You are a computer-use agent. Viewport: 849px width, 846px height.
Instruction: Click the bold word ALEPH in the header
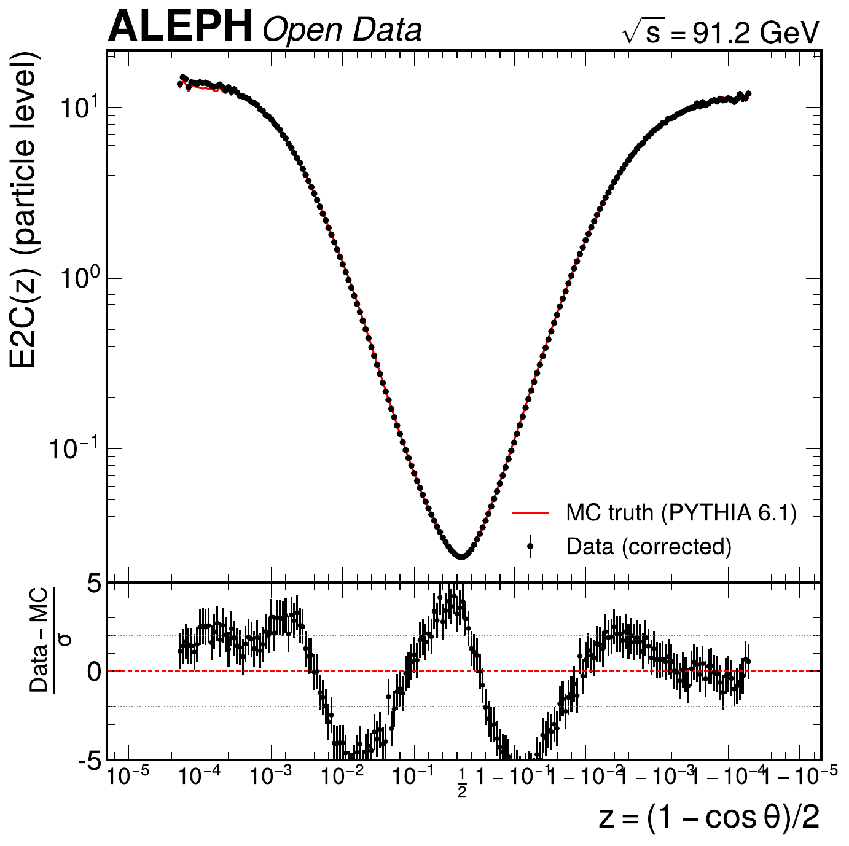click(x=180, y=28)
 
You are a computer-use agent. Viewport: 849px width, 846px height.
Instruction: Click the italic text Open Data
click(x=342, y=30)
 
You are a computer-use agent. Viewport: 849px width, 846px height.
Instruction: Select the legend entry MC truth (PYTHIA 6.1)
click(x=681, y=512)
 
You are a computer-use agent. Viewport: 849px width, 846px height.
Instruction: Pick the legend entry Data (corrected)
click(x=649, y=546)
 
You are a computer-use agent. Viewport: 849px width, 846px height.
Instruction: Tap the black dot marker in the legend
click(x=530, y=546)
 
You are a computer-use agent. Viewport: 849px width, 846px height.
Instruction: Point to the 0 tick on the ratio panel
click(x=94, y=672)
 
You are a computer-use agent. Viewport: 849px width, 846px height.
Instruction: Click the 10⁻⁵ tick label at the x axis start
click(x=128, y=777)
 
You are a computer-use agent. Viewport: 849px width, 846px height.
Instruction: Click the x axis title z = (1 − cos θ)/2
click(x=709, y=818)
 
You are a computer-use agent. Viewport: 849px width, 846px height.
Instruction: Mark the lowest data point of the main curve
click(x=462, y=556)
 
